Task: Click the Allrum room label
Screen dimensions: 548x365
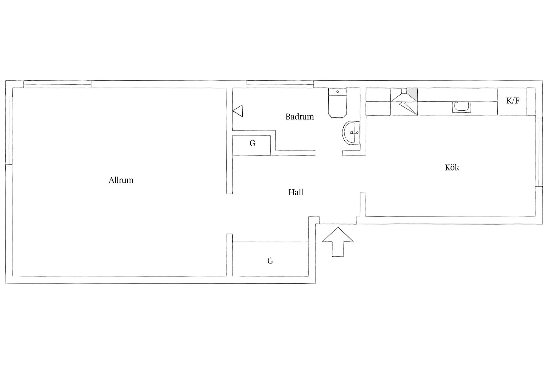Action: pos(121,180)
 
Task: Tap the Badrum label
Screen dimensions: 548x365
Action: pos(300,117)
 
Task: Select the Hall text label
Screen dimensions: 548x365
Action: pos(296,192)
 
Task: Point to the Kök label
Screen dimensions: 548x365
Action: pos(452,167)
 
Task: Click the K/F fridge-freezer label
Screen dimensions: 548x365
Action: pos(513,101)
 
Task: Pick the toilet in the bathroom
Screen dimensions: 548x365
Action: pos(338,103)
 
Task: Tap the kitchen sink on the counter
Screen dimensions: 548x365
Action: pos(462,107)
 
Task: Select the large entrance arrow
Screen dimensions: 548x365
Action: pos(338,242)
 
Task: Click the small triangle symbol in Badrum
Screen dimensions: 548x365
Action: pos(238,111)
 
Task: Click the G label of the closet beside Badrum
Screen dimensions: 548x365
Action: pos(252,143)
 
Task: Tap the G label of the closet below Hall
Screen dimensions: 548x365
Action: pos(270,261)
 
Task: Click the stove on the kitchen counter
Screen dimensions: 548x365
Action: pos(404,102)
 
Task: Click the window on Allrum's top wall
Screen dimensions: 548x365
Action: pos(57,84)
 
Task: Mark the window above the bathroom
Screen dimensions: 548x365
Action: pos(280,84)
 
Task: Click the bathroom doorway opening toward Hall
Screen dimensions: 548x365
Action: pos(329,153)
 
